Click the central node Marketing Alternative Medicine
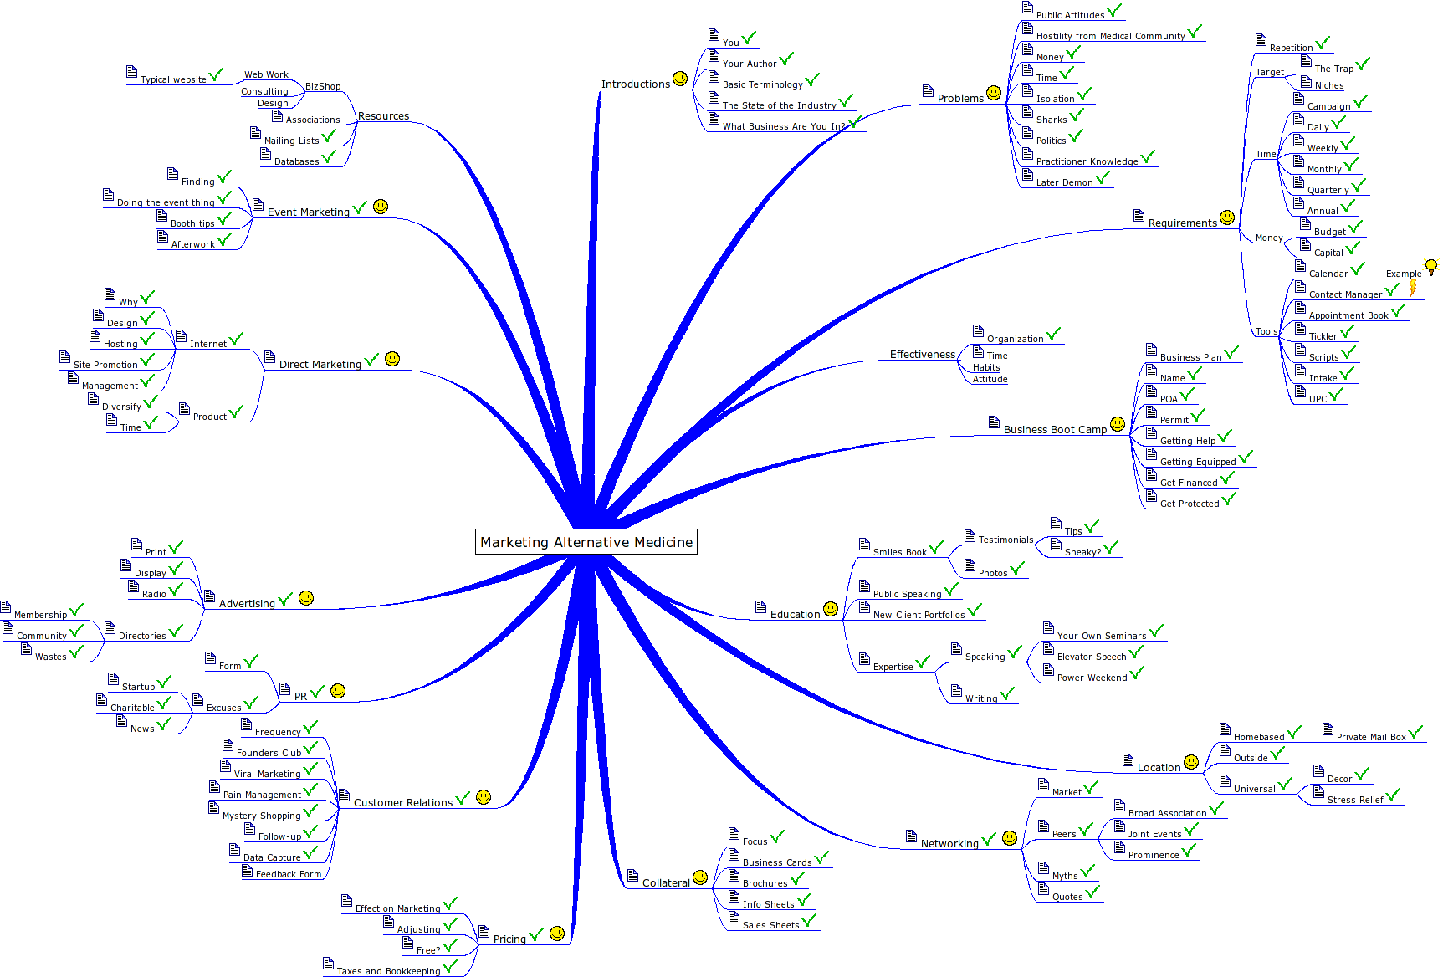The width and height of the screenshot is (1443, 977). [586, 542]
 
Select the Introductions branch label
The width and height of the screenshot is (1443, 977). [635, 84]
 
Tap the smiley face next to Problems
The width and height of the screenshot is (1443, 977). [994, 93]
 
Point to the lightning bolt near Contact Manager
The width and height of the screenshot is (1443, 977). [1413, 288]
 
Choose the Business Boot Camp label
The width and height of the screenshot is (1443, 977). [1055, 430]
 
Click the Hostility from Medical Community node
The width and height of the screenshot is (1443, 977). [1110, 36]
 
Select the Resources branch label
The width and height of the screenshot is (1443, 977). [383, 116]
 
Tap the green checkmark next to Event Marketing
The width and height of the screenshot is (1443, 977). [361, 207]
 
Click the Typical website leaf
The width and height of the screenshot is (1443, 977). [173, 79]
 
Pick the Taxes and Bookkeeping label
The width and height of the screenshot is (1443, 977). [388, 971]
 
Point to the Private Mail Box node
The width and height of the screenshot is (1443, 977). [1370, 737]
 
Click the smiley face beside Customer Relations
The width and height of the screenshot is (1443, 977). [484, 797]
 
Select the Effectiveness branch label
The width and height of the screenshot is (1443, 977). [922, 355]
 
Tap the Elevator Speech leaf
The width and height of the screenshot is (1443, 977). [1091, 657]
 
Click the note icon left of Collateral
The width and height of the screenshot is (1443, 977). [633, 876]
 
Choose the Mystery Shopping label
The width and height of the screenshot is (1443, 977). [261, 816]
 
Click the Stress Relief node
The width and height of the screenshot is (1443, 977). [1355, 800]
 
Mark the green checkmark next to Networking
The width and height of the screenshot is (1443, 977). [989, 839]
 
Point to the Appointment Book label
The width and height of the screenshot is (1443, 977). [1348, 315]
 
